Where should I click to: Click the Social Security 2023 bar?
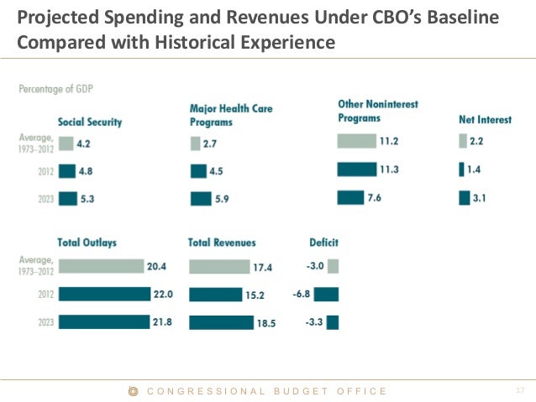(66, 199)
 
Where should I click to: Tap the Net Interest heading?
(485, 120)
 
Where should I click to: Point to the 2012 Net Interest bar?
(461, 170)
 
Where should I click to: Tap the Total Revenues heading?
(223, 243)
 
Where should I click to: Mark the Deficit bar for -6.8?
(326, 295)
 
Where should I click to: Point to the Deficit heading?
(323, 243)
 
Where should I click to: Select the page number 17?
(519, 390)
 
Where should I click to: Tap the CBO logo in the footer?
(133, 391)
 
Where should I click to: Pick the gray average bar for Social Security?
(65, 144)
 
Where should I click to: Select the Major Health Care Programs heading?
(231, 115)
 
